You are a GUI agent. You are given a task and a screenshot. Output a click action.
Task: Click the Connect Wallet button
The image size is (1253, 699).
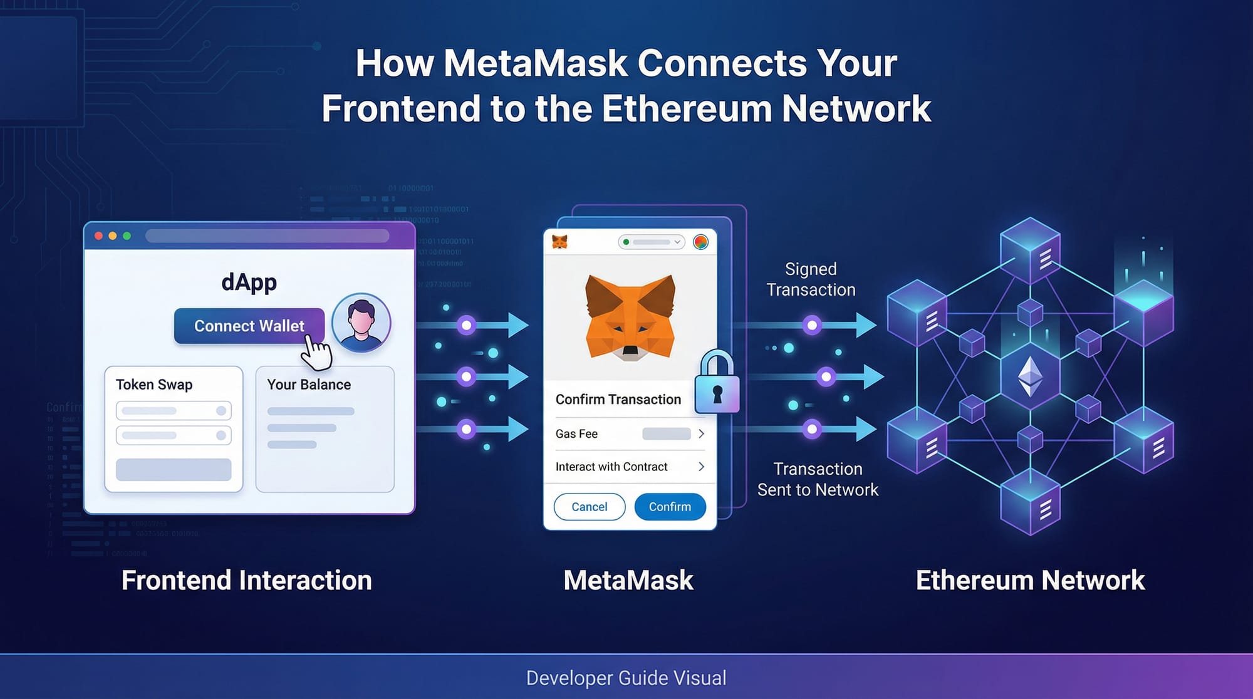pyautogui.click(x=249, y=326)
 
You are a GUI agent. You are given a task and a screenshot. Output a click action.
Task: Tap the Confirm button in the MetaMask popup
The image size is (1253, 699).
pyautogui.click(x=670, y=507)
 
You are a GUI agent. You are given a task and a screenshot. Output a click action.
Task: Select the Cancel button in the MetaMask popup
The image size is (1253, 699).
pyautogui.click(x=589, y=507)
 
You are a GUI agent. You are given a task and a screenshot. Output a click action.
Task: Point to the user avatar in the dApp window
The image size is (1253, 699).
pyautogui.click(x=361, y=323)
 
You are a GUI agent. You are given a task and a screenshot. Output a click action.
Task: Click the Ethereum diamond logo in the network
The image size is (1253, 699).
pyautogui.click(x=1030, y=376)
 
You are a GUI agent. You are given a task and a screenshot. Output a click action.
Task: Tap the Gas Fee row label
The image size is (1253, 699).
pyautogui.click(x=576, y=434)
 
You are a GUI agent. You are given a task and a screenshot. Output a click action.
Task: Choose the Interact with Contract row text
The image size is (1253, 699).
pyautogui.click(x=611, y=467)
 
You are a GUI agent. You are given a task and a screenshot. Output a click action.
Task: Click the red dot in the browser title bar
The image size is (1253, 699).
pyautogui.click(x=98, y=236)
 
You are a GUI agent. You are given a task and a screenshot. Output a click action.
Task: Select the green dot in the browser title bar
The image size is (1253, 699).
pyautogui.click(x=127, y=236)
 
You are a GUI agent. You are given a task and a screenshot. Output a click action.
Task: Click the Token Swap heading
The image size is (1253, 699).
pyautogui.click(x=154, y=385)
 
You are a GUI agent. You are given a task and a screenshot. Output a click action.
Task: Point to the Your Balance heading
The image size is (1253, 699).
pyautogui.click(x=309, y=385)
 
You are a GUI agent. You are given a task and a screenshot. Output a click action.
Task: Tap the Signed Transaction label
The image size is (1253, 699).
pyautogui.click(x=811, y=279)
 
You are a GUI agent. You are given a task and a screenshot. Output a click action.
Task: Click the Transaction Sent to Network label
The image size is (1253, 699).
pyautogui.click(x=818, y=479)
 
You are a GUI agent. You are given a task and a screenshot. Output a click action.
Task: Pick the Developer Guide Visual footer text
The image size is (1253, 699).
pyautogui.click(x=626, y=678)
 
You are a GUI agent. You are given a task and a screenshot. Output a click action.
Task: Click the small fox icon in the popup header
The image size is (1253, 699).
pyautogui.click(x=559, y=242)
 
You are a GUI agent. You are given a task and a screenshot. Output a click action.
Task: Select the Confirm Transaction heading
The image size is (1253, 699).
pyautogui.click(x=618, y=400)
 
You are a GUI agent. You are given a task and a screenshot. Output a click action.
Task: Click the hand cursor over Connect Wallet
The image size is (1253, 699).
pyautogui.click(x=316, y=353)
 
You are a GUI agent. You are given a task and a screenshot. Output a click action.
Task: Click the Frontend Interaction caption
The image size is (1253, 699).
pyautogui.click(x=246, y=580)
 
